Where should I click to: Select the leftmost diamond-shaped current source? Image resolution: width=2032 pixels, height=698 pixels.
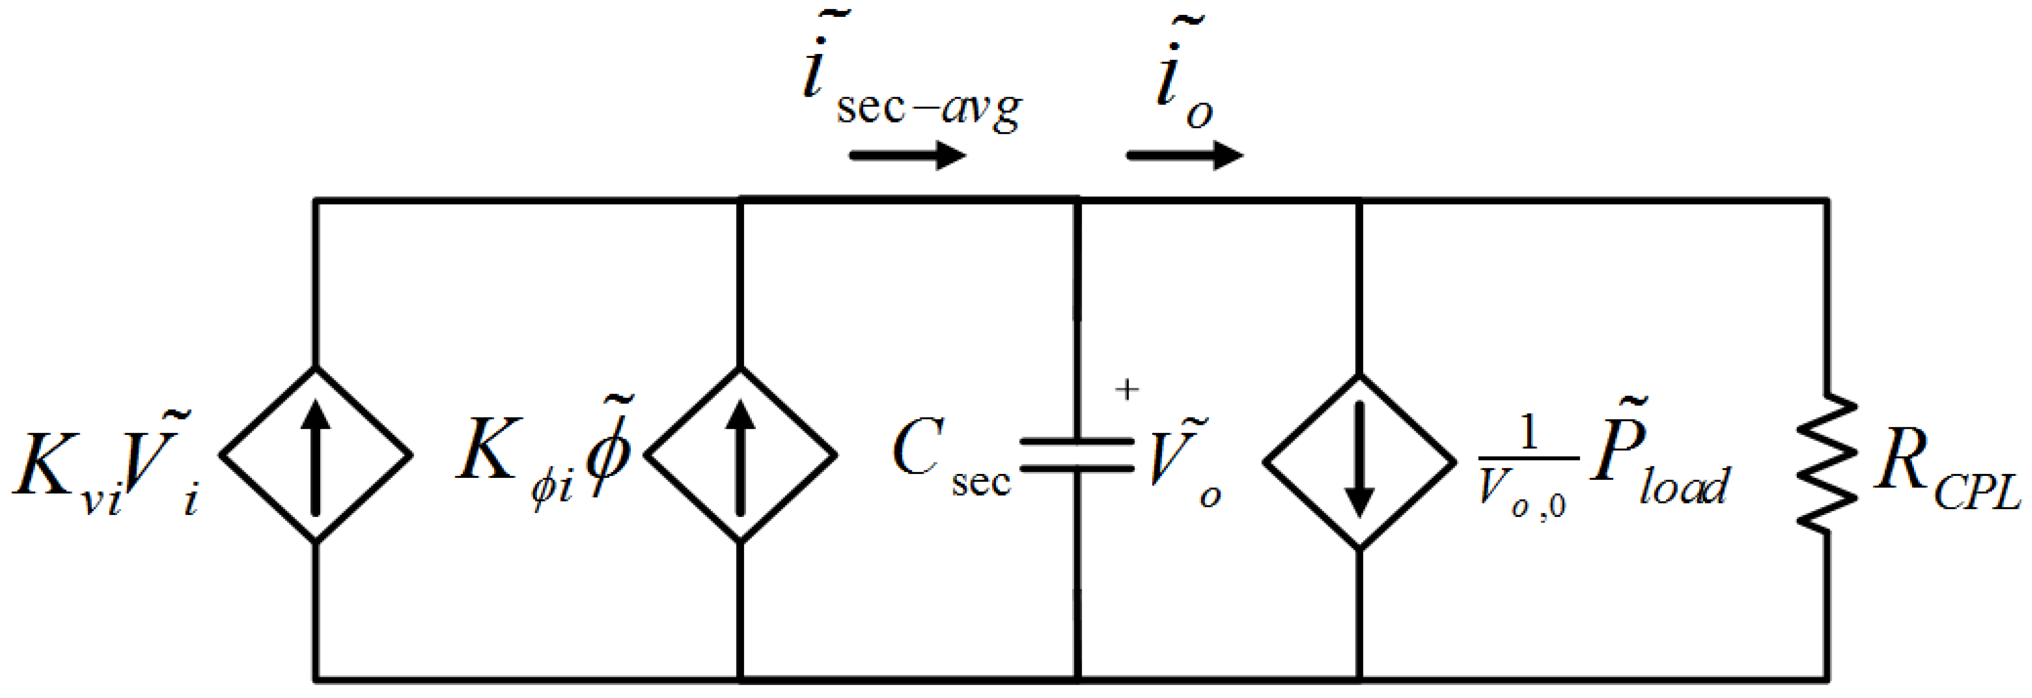[315, 455]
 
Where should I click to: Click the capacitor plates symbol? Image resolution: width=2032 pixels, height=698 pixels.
[1077, 455]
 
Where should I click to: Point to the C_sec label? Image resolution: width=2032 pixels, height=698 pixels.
[951, 465]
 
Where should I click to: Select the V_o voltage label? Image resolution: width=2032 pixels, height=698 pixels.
[1183, 469]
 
